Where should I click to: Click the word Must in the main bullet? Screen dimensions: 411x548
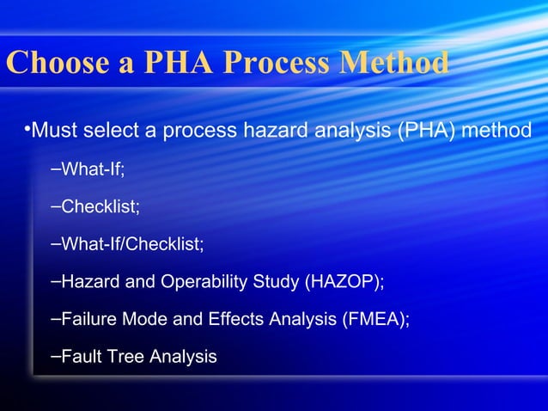click(x=53, y=131)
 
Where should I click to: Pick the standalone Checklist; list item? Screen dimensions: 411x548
click(x=100, y=207)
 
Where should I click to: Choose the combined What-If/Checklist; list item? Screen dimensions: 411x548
click(x=132, y=245)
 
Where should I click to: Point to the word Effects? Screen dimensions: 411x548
click(x=236, y=319)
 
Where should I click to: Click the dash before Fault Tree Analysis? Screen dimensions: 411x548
click(x=55, y=355)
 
